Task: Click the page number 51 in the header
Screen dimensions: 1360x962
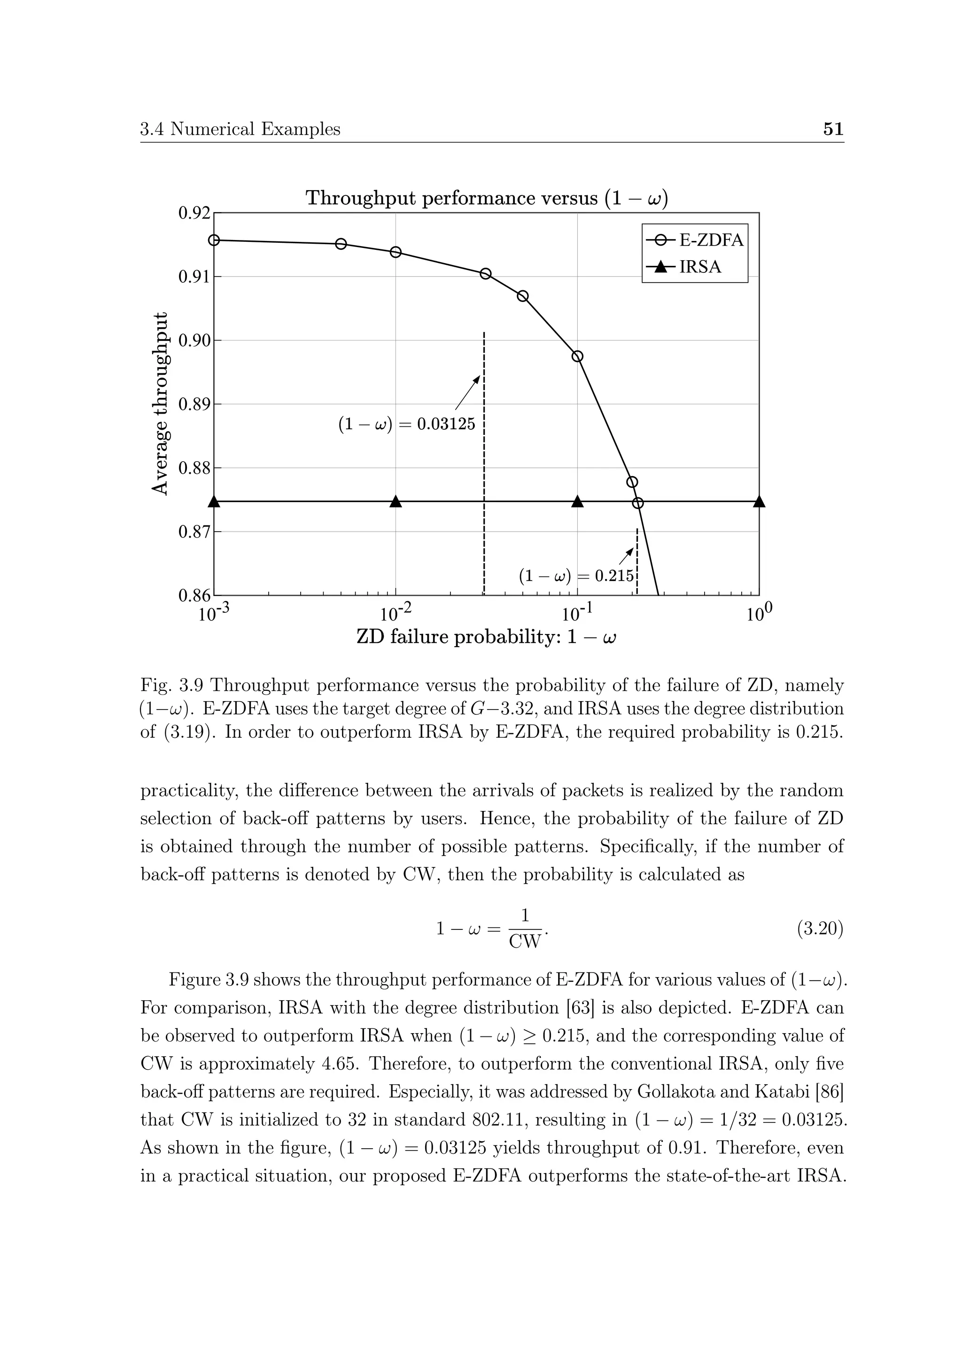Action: (833, 129)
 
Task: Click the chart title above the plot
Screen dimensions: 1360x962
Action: (486, 198)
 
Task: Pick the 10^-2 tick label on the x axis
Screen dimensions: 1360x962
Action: (395, 614)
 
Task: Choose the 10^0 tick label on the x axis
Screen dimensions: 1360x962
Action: (760, 614)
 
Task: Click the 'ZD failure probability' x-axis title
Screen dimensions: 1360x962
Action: (486, 637)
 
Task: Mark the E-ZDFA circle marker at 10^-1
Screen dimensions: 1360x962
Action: (578, 356)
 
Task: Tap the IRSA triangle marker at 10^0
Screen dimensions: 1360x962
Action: (760, 502)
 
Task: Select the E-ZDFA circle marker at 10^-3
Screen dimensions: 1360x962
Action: (215, 240)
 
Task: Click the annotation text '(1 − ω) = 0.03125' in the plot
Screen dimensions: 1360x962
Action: (406, 424)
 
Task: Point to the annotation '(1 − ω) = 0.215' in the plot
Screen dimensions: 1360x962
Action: (576, 575)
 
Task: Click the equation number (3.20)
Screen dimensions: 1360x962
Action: (820, 929)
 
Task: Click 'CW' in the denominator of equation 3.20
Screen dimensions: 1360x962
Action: (525, 942)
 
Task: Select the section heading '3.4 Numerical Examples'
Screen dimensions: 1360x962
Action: (240, 129)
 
